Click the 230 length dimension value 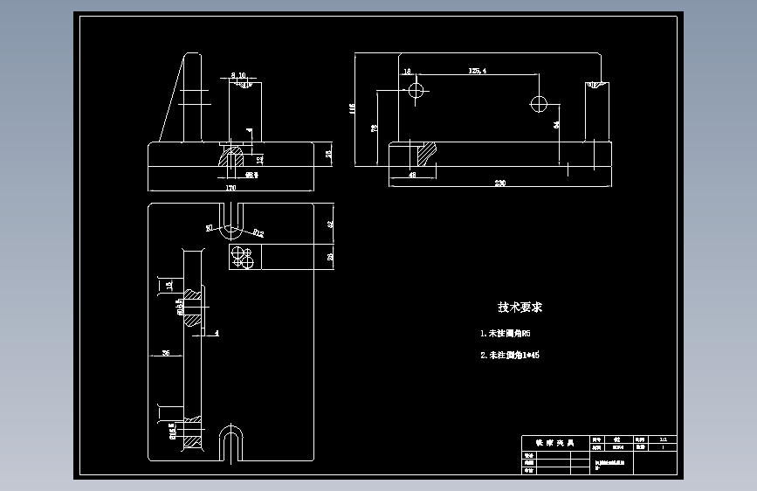pos(500,183)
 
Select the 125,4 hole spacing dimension pos(478,70)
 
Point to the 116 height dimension pos(352,108)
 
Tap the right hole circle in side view pos(539,104)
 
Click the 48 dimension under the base pos(412,175)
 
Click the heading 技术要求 pos(520,308)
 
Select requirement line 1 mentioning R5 pos(506,334)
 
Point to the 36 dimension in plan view pos(167,353)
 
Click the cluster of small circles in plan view pos(242,257)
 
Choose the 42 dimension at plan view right pos(331,224)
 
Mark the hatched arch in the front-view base pos(231,158)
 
